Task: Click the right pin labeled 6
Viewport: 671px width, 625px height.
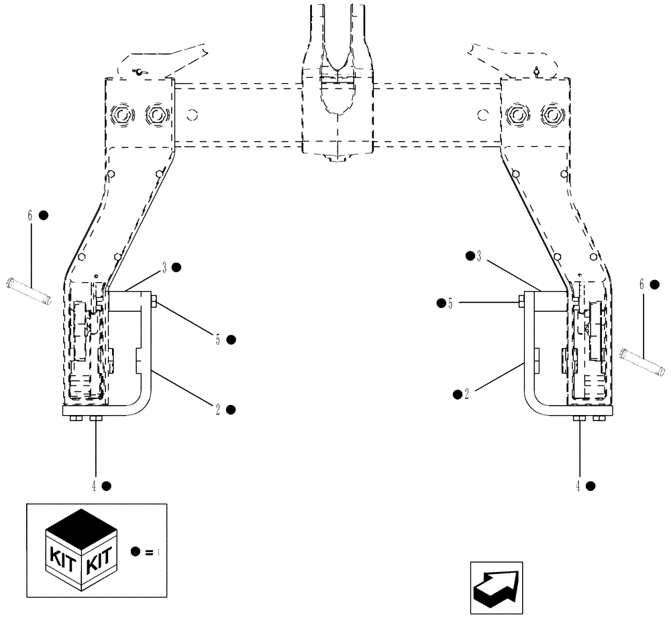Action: (643, 362)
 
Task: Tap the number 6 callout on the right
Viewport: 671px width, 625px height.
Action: (641, 284)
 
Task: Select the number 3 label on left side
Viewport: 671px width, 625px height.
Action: (163, 267)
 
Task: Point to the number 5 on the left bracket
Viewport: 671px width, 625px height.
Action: (217, 339)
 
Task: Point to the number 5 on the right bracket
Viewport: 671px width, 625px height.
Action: (452, 303)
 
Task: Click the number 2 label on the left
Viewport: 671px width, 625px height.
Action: (217, 408)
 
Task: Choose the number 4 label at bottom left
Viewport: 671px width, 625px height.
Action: (94, 485)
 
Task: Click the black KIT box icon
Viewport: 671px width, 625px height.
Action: (82, 550)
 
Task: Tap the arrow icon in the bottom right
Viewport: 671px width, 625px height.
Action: (496, 587)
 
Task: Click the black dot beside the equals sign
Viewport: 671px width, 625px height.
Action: (136, 552)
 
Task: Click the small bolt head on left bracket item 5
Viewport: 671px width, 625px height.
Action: (155, 303)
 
